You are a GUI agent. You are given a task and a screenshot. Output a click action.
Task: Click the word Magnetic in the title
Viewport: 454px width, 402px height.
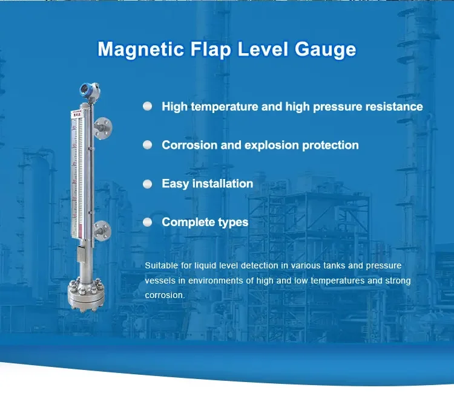tap(140, 50)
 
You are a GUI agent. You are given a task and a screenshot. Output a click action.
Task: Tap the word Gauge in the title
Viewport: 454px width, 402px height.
tap(326, 50)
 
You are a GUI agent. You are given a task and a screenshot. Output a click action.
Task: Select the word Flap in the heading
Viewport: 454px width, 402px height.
tap(211, 50)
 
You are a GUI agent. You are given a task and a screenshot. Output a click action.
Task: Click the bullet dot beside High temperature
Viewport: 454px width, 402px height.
tap(147, 106)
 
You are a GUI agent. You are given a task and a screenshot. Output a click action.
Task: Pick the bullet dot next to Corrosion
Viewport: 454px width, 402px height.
tap(147, 144)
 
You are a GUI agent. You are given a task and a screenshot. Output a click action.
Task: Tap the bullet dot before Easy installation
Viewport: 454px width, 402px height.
tap(147, 184)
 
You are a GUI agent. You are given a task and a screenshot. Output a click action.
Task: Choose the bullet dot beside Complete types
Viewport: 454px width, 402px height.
tap(147, 222)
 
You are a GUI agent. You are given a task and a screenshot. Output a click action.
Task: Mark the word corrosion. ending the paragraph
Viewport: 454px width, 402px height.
tap(165, 295)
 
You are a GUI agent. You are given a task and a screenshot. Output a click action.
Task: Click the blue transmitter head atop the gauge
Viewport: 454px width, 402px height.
tap(90, 89)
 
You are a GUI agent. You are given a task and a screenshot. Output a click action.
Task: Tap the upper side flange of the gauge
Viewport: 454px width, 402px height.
tap(103, 128)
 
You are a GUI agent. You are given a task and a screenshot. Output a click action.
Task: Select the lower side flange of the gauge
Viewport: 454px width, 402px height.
tap(102, 231)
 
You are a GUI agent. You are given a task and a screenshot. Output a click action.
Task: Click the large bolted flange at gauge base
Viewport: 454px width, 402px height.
tap(86, 294)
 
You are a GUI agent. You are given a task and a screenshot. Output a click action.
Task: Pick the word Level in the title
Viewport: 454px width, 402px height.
tap(263, 50)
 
